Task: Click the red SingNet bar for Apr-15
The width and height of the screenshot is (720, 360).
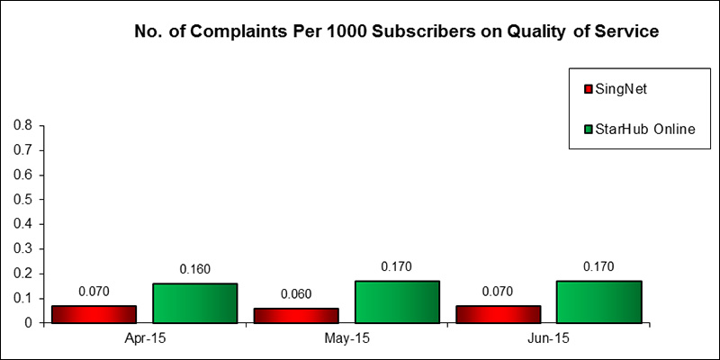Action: [x=94, y=313]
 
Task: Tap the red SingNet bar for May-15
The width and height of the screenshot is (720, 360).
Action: [x=295, y=314]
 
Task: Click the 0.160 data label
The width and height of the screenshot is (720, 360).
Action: [x=194, y=269]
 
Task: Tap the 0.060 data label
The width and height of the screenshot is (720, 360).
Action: [x=295, y=294]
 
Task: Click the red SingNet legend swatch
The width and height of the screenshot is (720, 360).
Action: [x=589, y=89]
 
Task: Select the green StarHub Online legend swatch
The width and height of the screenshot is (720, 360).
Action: [x=589, y=129]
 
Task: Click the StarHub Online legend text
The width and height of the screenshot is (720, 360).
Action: [x=645, y=129]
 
